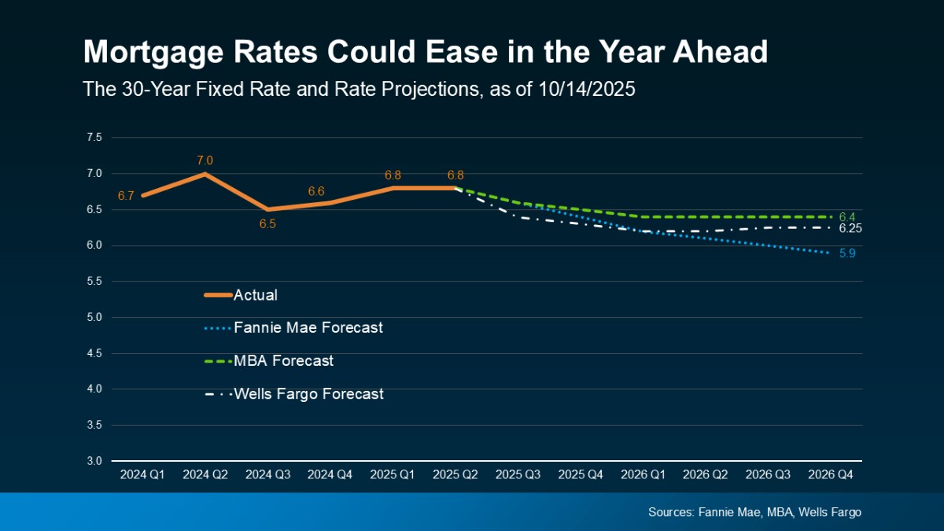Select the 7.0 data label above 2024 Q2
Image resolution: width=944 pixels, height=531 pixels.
click(x=205, y=160)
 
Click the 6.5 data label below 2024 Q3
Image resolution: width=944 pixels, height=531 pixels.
click(x=267, y=224)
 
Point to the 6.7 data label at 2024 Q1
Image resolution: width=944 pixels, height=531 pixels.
click(x=126, y=196)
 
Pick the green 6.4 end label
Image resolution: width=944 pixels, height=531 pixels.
click(x=846, y=216)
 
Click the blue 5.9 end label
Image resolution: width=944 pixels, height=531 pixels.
click(x=846, y=254)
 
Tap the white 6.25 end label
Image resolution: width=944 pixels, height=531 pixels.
click(x=850, y=229)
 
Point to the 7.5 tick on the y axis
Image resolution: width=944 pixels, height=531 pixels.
click(x=94, y=138)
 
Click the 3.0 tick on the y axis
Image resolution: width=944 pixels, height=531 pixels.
click(x=94, y=461)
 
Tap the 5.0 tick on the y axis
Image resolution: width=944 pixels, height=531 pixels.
click(x=94, y=317)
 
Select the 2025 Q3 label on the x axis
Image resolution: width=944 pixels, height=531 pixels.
click(x=518, y=475)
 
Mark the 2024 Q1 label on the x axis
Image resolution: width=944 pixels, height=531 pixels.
click(x=142, y=475)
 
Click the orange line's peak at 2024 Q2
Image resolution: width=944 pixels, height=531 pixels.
click(x=205, y=174)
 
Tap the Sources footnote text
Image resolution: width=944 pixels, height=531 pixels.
click(x=754, y=512)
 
